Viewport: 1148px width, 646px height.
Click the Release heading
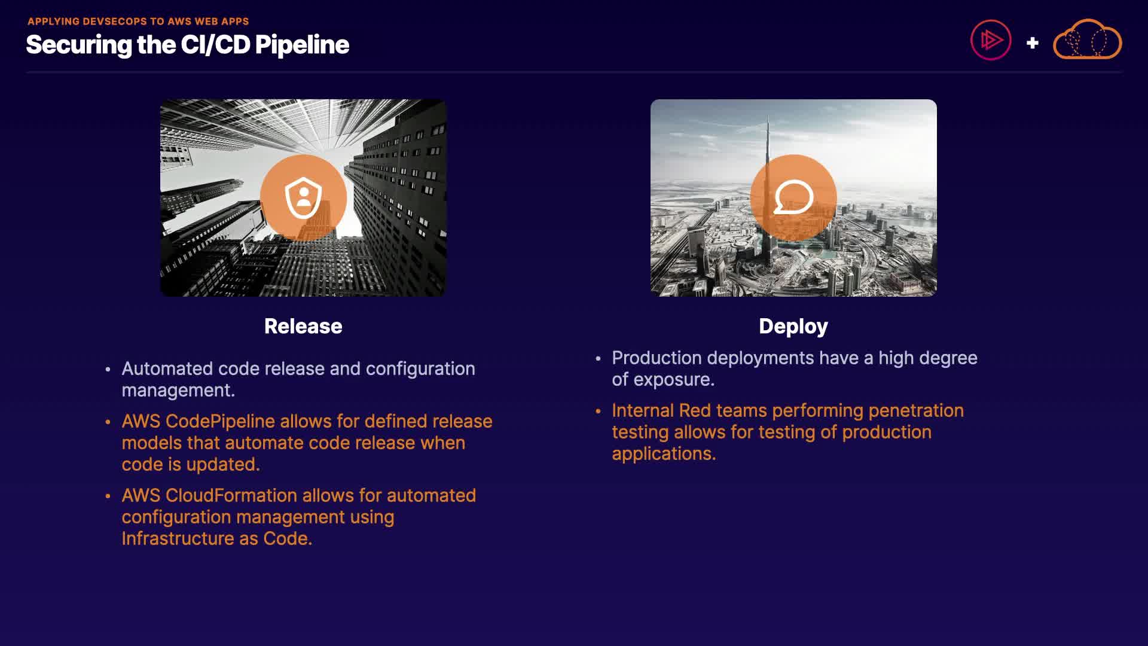[x=303, y=327]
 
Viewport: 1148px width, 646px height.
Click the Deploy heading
[x=793, y=327]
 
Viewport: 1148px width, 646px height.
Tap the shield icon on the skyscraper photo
[x=304, y=197]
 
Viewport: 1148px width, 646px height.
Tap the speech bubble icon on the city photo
[x=793, y=197]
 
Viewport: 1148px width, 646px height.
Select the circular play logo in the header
[x=991, y=40]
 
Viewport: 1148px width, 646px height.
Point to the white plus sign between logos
[x=1032, y=43]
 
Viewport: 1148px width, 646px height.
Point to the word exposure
[x=674, y=380]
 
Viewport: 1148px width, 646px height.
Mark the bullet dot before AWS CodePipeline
[x=108, y=422]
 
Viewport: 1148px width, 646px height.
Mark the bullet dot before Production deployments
[x=598, y=359]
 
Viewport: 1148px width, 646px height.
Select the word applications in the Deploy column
[x=664, y=454]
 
